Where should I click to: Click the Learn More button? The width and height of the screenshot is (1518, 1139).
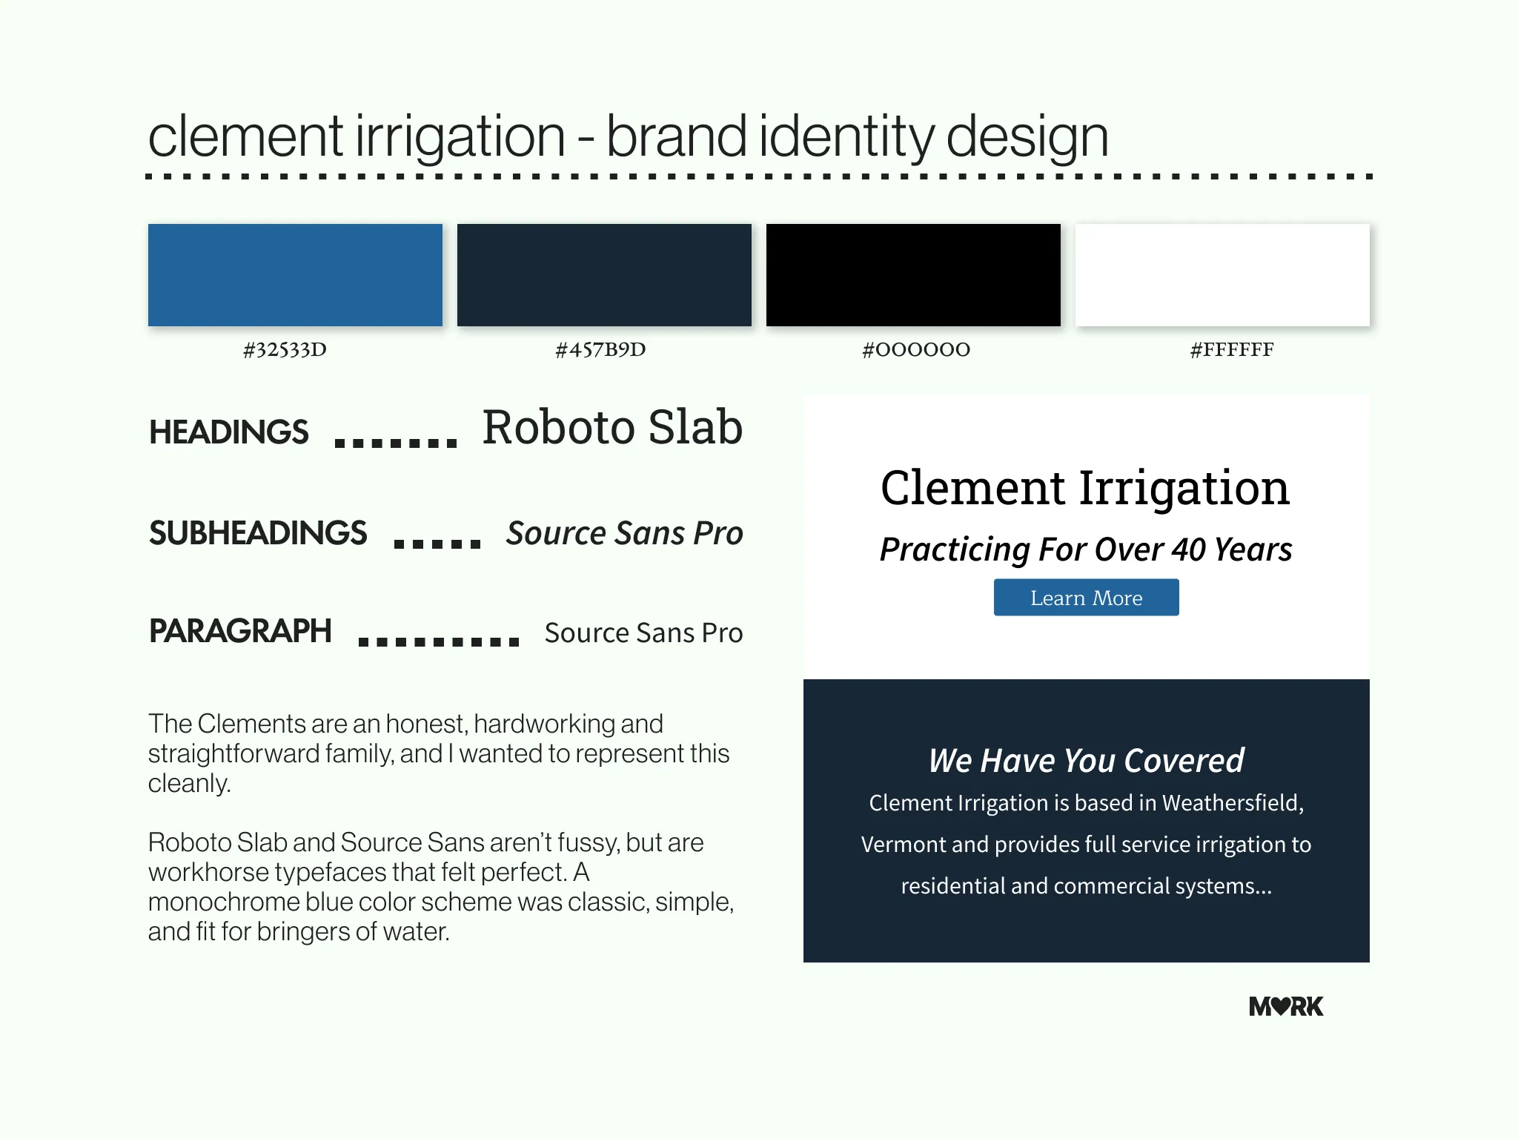(x=1086, y=598)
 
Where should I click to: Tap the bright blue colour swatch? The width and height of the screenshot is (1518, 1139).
(x=295, y=275)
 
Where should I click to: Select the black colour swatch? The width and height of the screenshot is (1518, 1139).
(x=913, y=275)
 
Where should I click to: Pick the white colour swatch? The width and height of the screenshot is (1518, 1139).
(x=1222, y=275)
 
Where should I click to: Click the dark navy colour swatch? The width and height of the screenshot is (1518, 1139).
(x=604, y=275)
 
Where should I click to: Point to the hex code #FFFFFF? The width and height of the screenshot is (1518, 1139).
(x=1232, y=349)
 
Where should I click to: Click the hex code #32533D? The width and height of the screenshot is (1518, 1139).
(x=285, y=349)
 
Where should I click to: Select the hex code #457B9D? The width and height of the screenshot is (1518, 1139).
(x=600, y=349)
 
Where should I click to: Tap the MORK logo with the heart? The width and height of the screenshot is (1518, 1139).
(x=1286, y=1006)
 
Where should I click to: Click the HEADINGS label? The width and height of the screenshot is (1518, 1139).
(x=228, y=432)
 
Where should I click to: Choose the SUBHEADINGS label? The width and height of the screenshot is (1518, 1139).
(x=258, y=533)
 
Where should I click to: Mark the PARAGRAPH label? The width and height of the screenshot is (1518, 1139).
(x=240, y=631)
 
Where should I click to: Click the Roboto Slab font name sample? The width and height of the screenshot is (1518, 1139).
(x=612, y=427)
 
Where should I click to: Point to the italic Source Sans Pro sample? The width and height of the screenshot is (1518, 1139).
(x=624, y=533)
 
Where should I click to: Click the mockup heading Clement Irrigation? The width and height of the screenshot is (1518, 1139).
(x=1085, y=489)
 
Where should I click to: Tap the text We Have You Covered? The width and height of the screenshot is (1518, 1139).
(x=1086, y=760)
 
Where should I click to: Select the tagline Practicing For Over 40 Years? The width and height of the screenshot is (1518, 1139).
(x=1086, y=550)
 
